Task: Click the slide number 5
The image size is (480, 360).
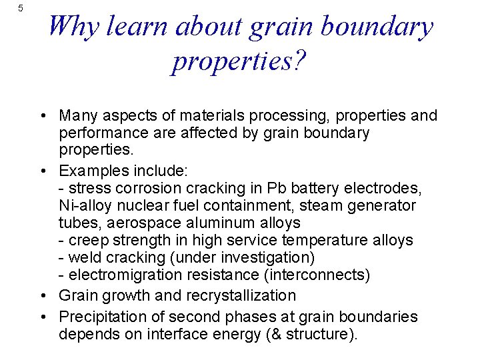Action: point(21,8)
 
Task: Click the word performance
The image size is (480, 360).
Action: point(100,133)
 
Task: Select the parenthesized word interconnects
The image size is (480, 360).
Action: point(313,275)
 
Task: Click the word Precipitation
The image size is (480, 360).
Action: point(100,317)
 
